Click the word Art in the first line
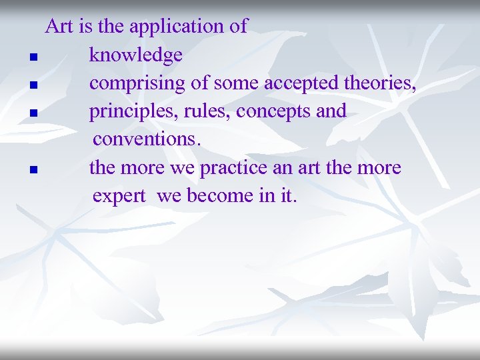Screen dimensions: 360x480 pyautogui.click(x=59, y=27)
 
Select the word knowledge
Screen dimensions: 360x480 pyautogui.click(x=135, y=55)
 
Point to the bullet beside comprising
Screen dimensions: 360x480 pyautogui.click(x=33, y=85)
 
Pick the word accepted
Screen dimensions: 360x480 pyautogui.click(x=302, y=83)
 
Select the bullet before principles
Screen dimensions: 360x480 pyautogui.click(x=33, y=113)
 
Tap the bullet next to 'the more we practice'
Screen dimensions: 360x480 pyautogui.click(x=33, y=169)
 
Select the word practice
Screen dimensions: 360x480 pyautogui.click(x=235, y=168)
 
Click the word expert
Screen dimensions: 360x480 pyautogui.click(x=119, y=197)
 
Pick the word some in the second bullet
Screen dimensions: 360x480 pyautogui.click(x=237, y=84)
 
